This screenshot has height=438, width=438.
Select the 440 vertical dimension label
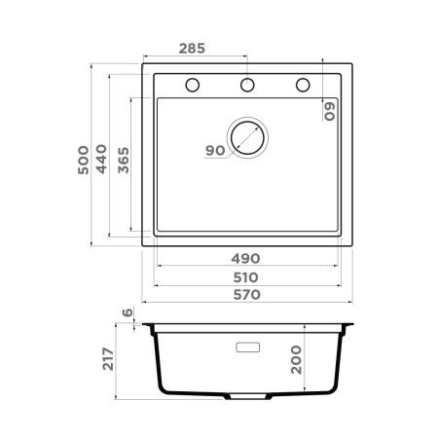(102, 163)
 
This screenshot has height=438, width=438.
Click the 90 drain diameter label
(215, 150)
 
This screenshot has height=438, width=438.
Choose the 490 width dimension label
(246, 258)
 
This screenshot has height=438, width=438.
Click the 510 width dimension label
(246, 276)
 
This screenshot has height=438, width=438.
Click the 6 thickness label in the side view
(127, 313)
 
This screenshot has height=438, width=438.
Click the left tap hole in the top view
(192, 86)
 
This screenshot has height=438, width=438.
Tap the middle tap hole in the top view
(247, 86)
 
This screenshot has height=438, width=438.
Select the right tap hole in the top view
(303, 86)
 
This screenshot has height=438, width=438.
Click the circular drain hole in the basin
(246, 138)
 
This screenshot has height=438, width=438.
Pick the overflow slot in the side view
(246, 346)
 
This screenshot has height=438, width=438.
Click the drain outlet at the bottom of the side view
(246, 398)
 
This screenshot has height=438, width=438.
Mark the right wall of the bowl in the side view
(338, 360)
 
